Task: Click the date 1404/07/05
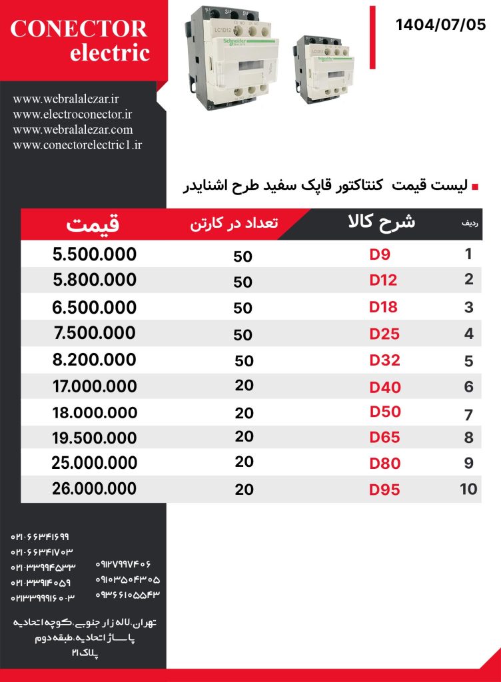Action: [x=440, y=25]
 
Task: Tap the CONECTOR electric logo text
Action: [x=79, y=40]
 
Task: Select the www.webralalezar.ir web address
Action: [x=66, y=99]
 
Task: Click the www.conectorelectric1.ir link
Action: [x=77, y=145]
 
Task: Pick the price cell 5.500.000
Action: [x=94, y=254]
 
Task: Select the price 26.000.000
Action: [x=94, y=488]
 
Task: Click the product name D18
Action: [x=384, y=307]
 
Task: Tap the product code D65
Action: [x=385, y=437]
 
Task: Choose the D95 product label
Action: [x=385, y=490]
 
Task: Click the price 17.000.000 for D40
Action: [x=94, y=386]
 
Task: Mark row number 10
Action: [x=469, y=489]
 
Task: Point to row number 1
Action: [x=469, y=254]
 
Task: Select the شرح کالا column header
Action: [x=382, y=222]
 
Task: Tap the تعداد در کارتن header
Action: [x=234, y=224]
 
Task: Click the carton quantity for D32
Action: [x=244, y=361]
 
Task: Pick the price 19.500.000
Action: [x=94, y=438]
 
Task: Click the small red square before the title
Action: [x=475, y=188]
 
